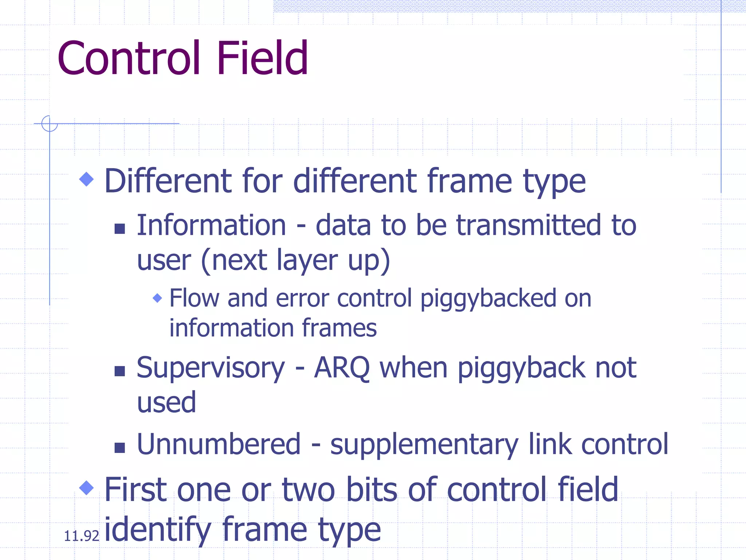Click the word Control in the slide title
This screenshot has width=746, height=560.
coord(129,58)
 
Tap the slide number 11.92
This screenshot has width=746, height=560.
coord(81,536)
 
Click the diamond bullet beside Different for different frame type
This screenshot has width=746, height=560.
coord(86,179)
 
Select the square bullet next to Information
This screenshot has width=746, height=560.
coord(119,229)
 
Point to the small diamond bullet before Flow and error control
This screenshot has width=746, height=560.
coord(157,298)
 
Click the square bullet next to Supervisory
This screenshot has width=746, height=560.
coord(119,371)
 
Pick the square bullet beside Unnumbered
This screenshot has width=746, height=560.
coord(119,447)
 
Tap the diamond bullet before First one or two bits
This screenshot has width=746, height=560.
coord(86,488)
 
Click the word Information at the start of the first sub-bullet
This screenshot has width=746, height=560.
coord(211,225)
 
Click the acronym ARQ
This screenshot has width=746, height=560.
coord(342,368)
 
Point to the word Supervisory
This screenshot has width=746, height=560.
coord(211,368)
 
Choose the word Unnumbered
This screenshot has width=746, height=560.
coord(219,444)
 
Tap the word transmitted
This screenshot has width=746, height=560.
coord(528,225)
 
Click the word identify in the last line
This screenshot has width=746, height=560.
coord(157,529)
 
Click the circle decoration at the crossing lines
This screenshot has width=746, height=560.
coord(50,124)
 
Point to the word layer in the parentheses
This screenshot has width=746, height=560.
coord(307,261)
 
